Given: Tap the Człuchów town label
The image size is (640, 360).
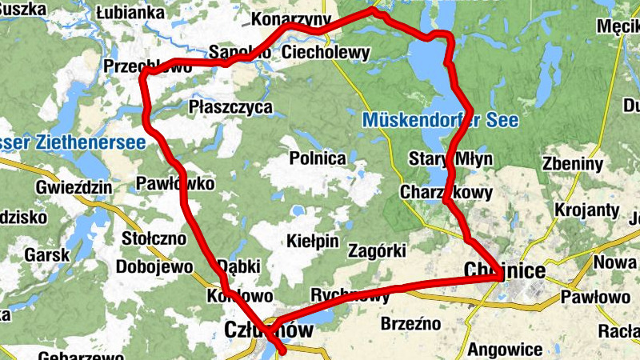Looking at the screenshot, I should coord(268,330).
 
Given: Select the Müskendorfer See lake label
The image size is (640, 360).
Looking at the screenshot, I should coord(440,122).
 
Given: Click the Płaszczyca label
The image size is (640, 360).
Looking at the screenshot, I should coord(231,106).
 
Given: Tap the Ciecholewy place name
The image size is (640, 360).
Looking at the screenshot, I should coord(326,54).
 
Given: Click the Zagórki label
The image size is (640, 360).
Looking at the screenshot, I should coord(378,250).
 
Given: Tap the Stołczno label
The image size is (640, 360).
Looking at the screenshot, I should coord(154,238).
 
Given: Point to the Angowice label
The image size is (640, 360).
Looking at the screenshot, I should coord(506,349).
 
